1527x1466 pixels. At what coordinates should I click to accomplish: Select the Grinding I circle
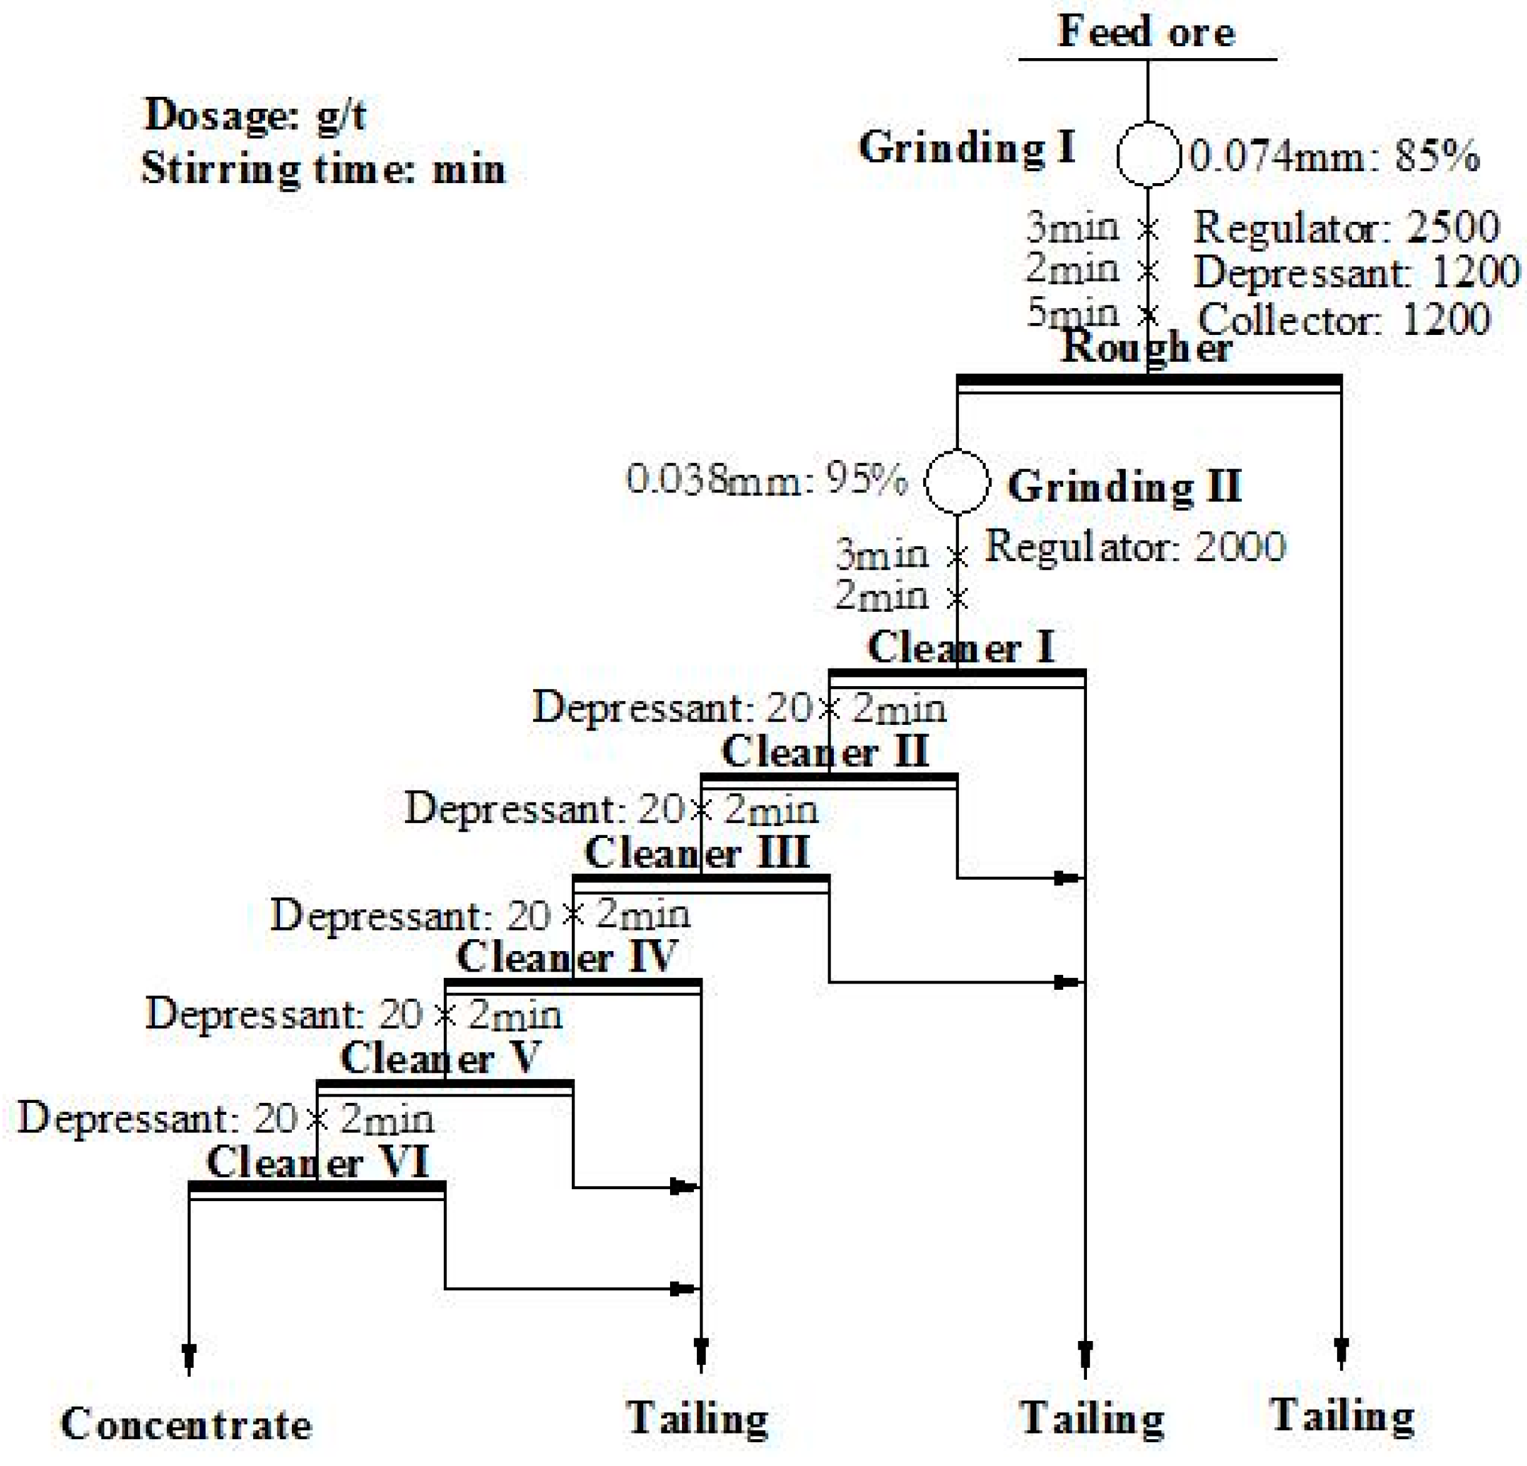point(1148,155)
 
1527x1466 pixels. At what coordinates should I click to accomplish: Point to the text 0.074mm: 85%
point(1334,157)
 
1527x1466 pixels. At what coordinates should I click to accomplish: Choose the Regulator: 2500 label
point(1346,227)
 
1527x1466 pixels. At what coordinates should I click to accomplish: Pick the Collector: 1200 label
point(1344,319)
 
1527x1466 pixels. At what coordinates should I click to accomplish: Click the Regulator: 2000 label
point(1135,547)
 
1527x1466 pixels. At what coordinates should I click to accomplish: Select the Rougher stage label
point(1147,347)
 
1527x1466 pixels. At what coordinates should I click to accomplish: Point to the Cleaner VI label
point(318,1163)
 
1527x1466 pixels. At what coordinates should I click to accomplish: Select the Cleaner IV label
point(567,957)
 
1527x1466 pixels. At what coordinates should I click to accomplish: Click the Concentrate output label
point(186,1425)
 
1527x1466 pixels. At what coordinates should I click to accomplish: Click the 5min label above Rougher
point(1073,313)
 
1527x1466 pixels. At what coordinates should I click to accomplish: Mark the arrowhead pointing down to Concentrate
point(189,1356)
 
